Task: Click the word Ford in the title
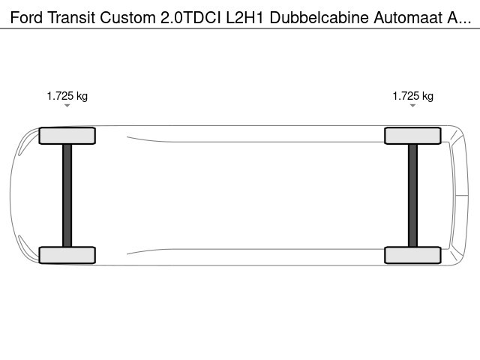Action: pyautogui.click(x=26, y=17)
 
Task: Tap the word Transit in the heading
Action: pyautogui.click(x=71, y=17)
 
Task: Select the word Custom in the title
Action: pyautogui.click(x=128, y=17)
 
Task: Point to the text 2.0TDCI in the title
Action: pyautogui.click(x=190, y=17)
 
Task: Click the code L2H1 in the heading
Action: pyautogui.click(x=245, y=17)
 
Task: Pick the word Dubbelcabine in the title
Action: pyautogui.click(x=319, y=17)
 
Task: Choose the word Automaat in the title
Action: pyautogui.click(x=408, y=17)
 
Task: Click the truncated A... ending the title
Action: pyautogui.click(x=459, y=17)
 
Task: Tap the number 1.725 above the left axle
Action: pyautogui.click(x=60, y=96)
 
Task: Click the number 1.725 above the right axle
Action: pyautogui.click(x=406, y=96)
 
